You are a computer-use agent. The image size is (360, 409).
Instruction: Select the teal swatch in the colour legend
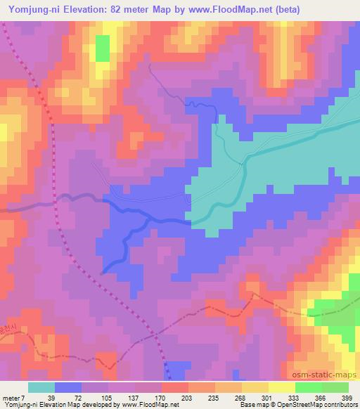(x=41, y=387)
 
